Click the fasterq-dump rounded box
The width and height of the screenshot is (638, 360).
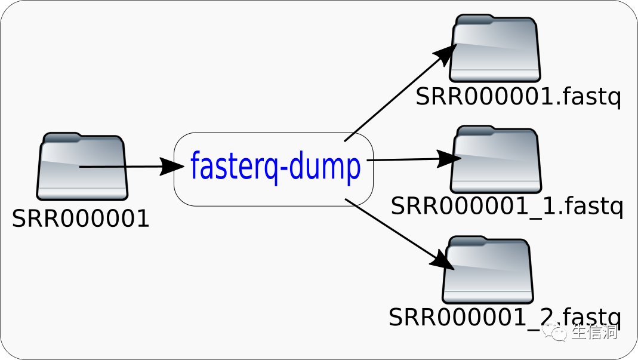point(273,169)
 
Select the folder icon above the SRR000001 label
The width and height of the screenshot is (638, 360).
point(82,167)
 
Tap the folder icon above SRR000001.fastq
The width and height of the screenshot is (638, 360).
point(495,49)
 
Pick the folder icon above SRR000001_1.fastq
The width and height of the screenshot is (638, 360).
point(495,159)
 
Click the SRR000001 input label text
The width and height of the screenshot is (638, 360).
point(81,219)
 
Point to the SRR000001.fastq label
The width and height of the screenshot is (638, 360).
point(518,97)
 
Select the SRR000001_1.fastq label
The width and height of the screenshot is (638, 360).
point(507,207)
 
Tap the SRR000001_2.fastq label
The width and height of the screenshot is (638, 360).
point(504,316)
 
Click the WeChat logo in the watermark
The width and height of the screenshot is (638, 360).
point(559,332)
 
